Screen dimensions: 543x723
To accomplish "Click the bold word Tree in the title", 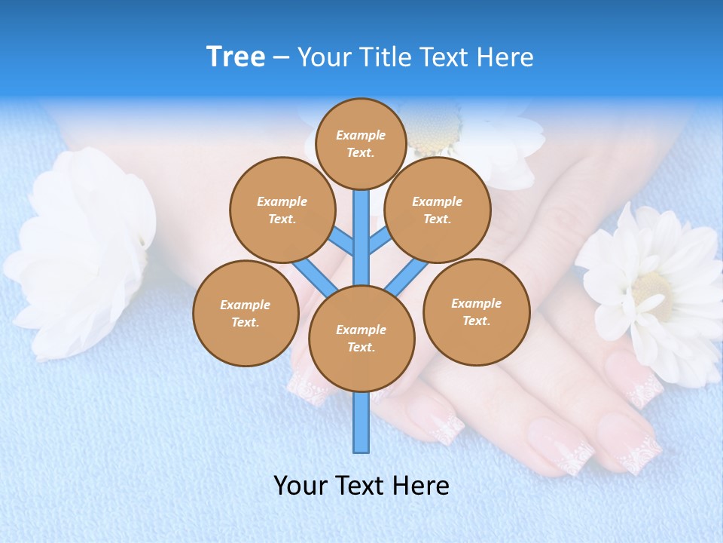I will coord(236,57).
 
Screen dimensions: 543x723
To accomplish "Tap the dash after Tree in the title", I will coord(281,58).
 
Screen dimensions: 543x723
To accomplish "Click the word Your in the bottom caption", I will coord(300,486).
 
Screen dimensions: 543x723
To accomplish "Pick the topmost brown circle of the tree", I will coord(361,144).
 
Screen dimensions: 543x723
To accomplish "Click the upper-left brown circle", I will coord(282,210).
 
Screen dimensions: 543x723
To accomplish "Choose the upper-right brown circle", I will coord(438,210).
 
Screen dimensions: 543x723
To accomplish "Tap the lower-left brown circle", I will coord(246,314).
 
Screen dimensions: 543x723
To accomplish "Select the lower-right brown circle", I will coord(476,312).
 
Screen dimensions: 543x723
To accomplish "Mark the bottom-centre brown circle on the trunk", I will coord(361,339).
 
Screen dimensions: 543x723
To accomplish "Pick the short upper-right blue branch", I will coord(379,242).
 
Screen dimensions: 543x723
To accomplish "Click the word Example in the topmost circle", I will coord(361,136).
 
